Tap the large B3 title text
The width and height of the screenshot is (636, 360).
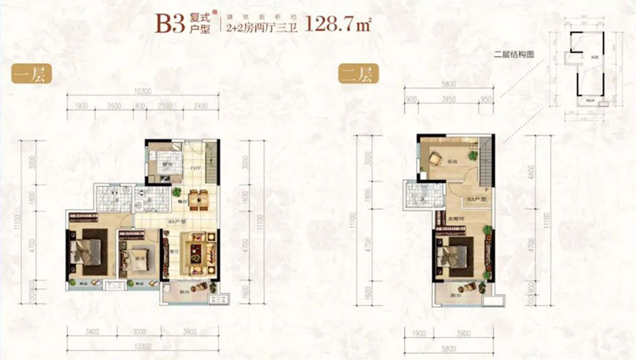[171, 24]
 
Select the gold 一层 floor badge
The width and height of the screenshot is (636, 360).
[31, 75]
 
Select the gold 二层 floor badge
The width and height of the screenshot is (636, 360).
[359, 75]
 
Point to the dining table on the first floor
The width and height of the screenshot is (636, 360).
[198, 200]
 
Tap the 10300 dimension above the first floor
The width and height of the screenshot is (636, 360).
[143, 92]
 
